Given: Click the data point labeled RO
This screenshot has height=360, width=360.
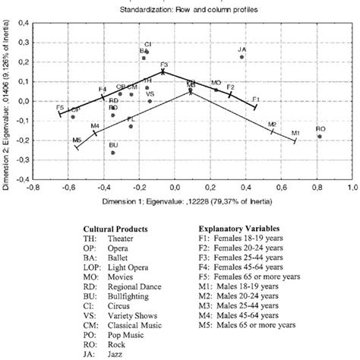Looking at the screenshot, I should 321,137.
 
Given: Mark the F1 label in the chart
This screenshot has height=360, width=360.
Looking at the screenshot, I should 256,99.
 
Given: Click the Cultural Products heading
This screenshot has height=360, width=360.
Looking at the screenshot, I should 115,227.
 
